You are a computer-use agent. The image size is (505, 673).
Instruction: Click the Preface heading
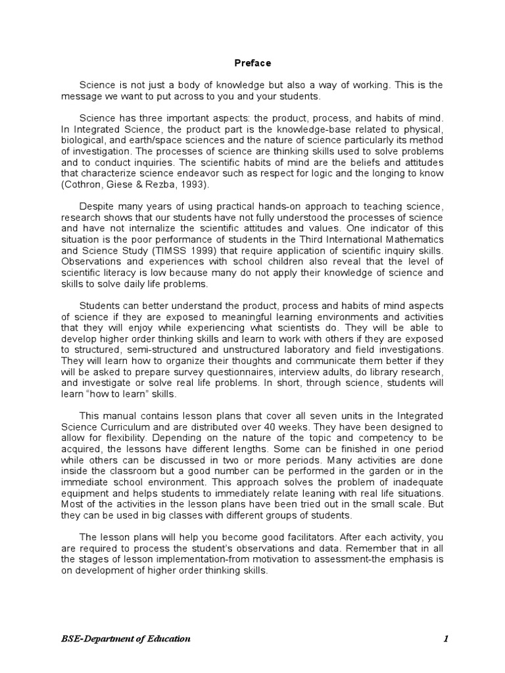[x=253, y=63]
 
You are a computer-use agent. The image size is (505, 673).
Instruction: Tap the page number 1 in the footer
[x=445, y=638]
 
